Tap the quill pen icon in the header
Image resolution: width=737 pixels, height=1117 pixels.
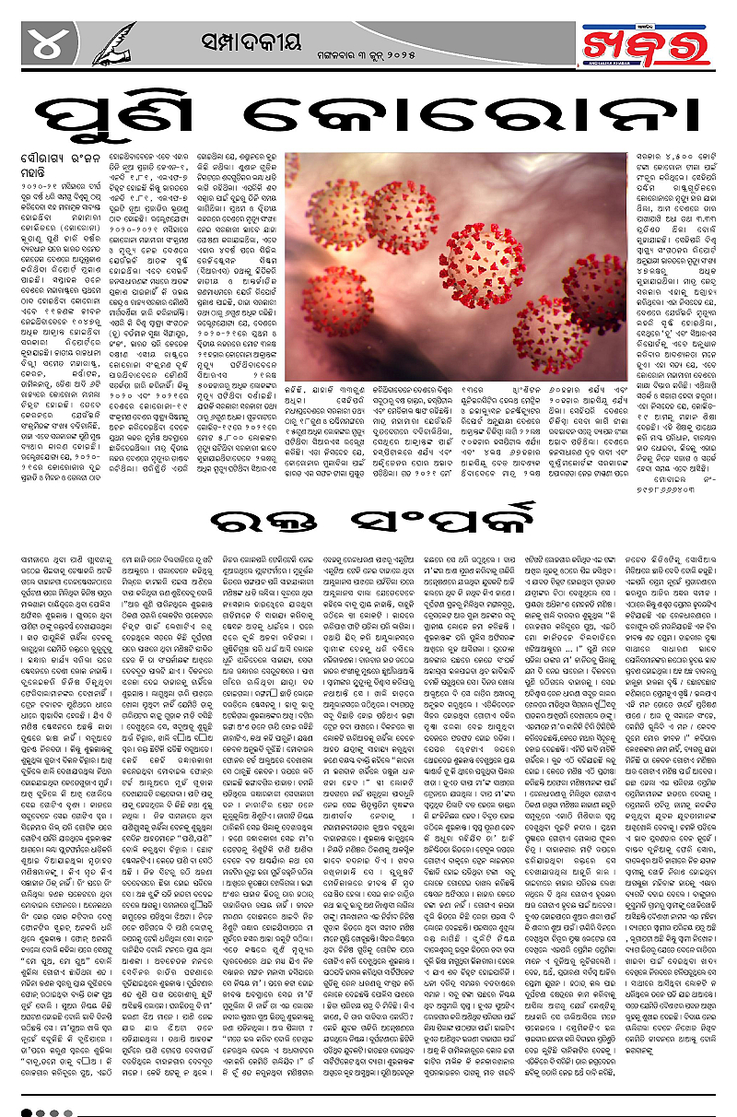[x=114, y=41]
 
